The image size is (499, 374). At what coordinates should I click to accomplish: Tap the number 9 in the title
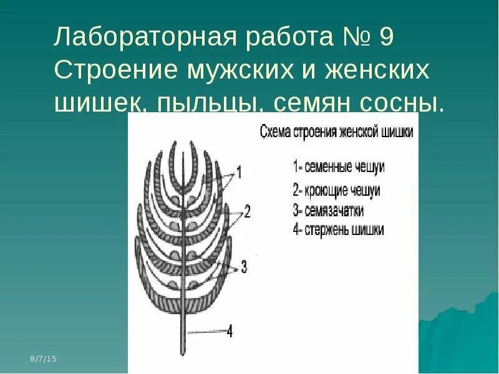(x=386, y=39)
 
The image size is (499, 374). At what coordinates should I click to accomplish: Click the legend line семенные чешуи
(x=339, y=166)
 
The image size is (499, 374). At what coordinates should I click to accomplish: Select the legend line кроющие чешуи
(x=336, y=190)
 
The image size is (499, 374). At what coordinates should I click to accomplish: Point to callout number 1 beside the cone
(x=239, y=170)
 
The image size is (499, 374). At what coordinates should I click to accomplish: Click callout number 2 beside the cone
(x=247, y=212)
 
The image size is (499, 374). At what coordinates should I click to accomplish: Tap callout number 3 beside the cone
(x=244, y=267)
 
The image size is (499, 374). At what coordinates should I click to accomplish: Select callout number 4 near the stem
(x=229, y=332)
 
